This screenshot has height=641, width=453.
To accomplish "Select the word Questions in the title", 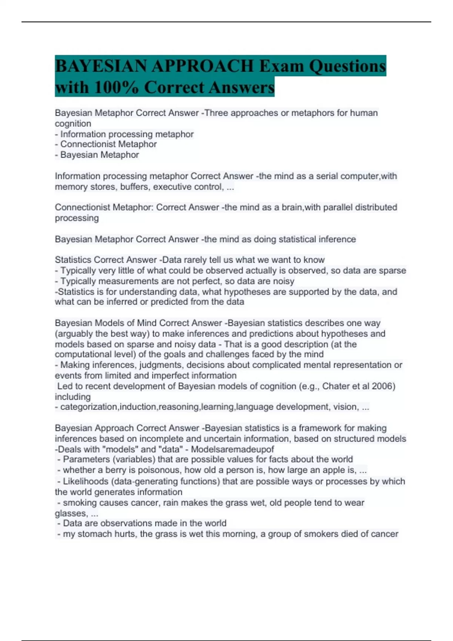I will pos(347,66).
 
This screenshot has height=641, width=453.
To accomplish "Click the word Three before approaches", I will pos(216,113).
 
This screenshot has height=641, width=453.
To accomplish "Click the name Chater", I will pos(334,386).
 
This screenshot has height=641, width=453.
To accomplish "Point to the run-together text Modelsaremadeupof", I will pos(233,449).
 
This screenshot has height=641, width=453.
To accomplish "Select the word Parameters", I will pos(86,459).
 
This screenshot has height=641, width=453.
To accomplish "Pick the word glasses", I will pos(71,514).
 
